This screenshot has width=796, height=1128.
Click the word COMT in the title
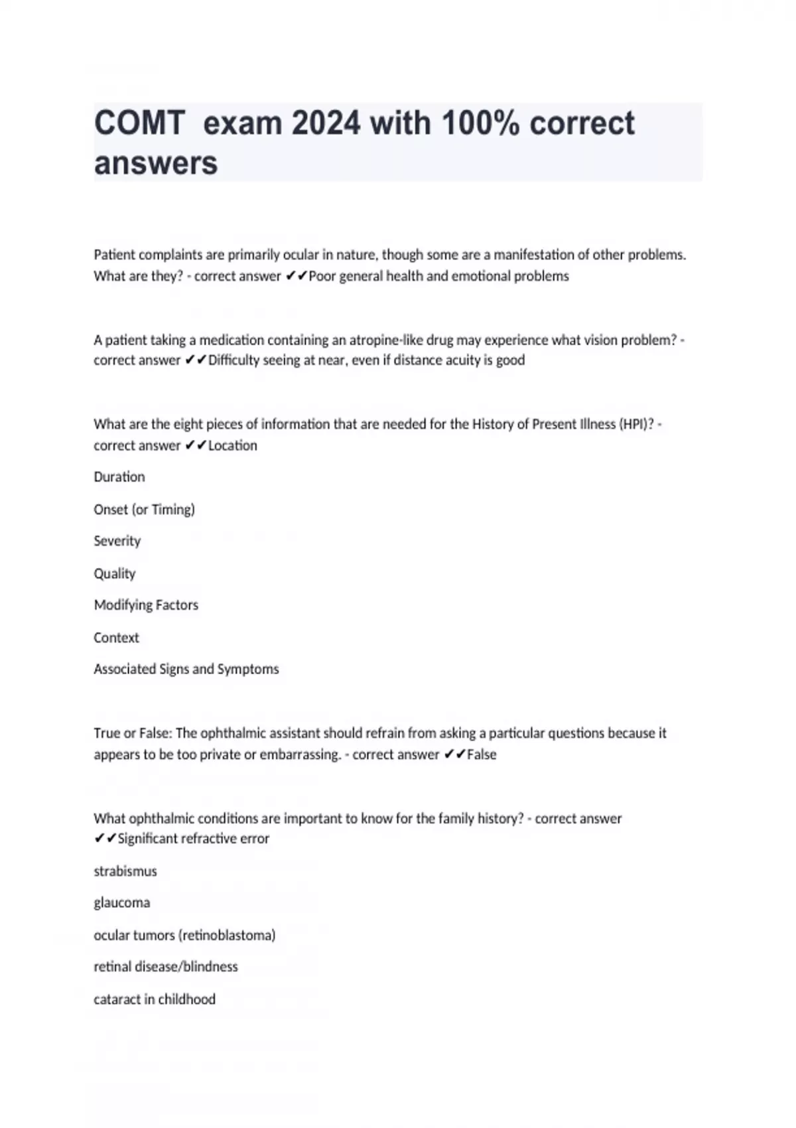tap(139, 123)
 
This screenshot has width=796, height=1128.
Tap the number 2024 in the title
tap(326, 123)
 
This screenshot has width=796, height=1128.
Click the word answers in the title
tap(156, 163)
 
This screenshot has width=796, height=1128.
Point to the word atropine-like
tap(386, 340)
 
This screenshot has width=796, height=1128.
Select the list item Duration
tap(119, 477)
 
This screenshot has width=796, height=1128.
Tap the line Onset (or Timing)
tap(145, 510)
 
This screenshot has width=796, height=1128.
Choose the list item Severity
tap(117, 541)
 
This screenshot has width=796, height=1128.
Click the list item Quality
tap(115, 573)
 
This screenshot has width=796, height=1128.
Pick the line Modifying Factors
tap(146, 605)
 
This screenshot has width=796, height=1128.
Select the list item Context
tap(117, 638)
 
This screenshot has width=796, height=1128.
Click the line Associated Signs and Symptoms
tap(186, 670)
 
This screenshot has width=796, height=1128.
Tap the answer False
tap(482, 754)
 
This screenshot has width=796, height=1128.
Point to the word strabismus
tap(125, 871)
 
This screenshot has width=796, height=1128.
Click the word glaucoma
tap(122, 903)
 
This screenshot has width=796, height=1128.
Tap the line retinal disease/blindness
tap(166, 967)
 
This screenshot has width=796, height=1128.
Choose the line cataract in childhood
tap(155, 999)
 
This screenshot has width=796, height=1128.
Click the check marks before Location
tap(196, 446)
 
